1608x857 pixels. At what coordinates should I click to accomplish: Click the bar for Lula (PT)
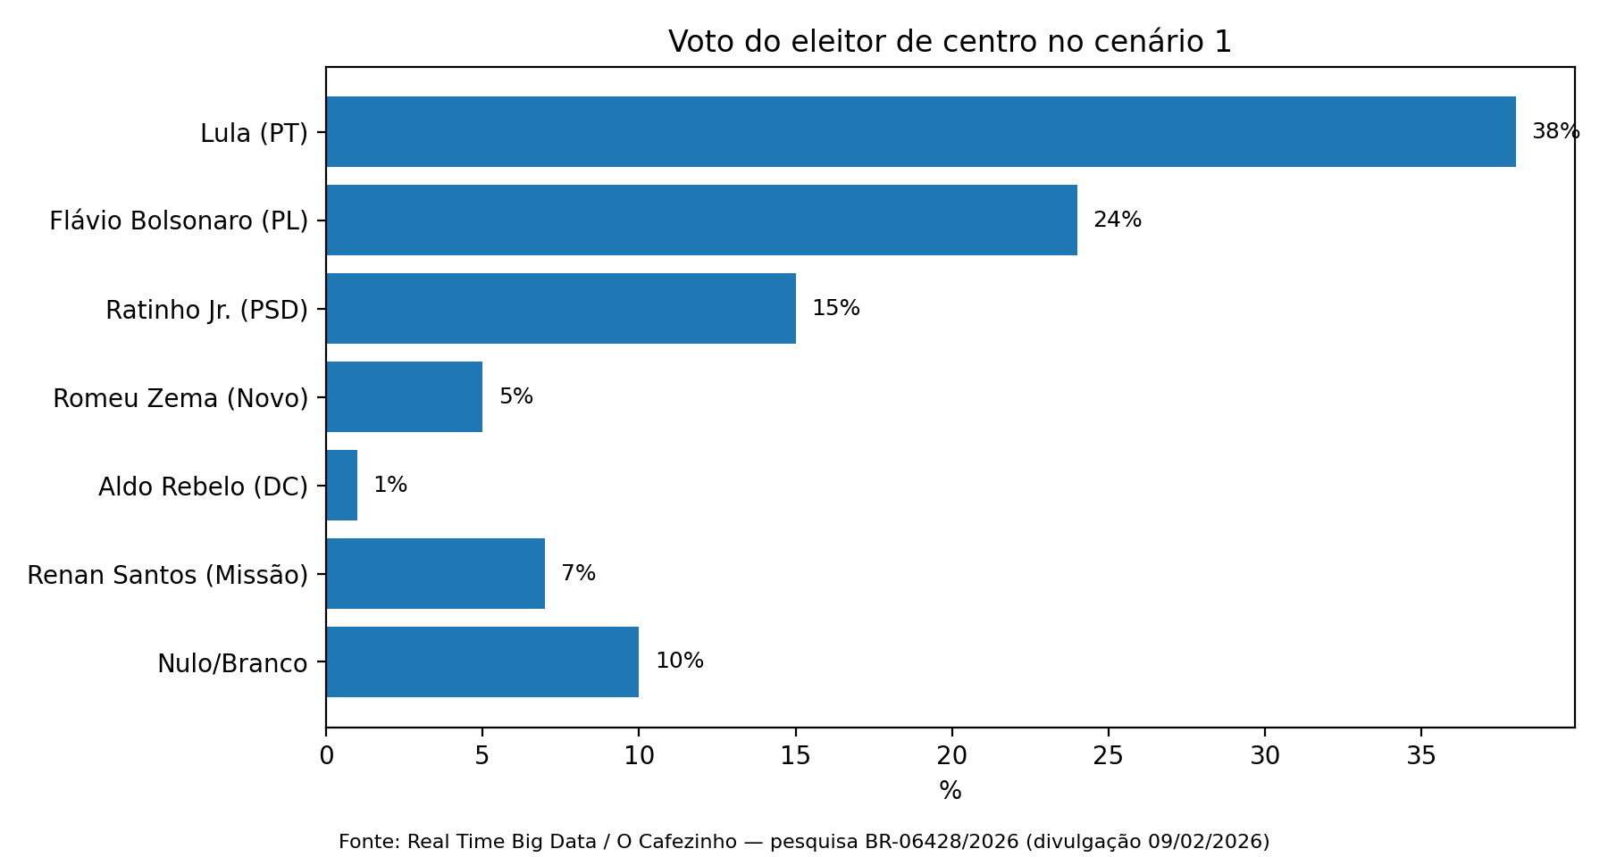pos(920,131)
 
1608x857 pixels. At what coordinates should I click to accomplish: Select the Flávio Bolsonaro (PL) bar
pos(701,220)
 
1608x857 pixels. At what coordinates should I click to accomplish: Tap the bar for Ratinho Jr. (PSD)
pos(560,308)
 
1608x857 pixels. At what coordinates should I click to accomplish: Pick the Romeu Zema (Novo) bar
pos(404,396)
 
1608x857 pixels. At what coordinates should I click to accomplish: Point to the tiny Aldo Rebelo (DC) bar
pos(342,485)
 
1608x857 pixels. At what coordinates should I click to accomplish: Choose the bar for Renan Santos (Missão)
pos(435,573)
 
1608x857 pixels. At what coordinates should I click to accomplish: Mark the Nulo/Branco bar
pos(482,661)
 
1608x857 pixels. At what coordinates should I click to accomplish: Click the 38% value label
pos(1555,132)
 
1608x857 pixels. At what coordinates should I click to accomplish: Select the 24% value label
pos(1117,220)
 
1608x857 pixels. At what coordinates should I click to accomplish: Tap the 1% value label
pos(390,485)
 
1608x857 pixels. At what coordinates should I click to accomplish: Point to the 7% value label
pos(578,573)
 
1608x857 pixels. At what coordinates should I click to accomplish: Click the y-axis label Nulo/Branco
pos(232,664)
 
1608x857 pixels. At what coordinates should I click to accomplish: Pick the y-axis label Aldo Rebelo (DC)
pos(203,487)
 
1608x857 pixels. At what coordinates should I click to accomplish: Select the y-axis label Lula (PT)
pos(254,134)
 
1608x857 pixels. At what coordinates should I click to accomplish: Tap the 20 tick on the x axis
pos(952,756)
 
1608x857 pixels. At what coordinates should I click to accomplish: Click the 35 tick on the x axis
pos(1421,756)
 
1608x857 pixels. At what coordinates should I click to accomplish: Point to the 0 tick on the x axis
pos(326,756)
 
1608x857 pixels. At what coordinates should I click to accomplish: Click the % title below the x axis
pos(951,791)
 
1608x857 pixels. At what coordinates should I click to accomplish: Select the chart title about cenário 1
pos(950,42)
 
